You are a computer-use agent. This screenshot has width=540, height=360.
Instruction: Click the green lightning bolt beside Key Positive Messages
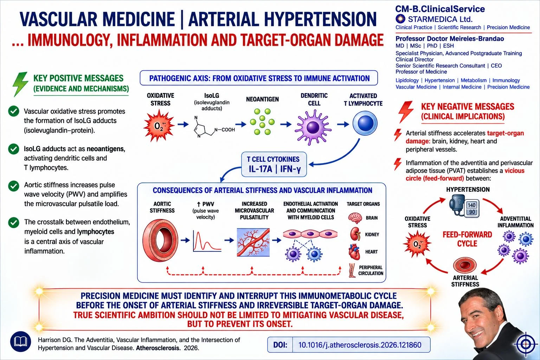(20, 84)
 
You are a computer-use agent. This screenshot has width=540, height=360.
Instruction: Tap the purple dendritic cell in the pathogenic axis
(313, 127)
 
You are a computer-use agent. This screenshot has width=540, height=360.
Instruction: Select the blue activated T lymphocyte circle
(365, 123)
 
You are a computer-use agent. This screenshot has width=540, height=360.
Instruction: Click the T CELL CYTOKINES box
(274, 165)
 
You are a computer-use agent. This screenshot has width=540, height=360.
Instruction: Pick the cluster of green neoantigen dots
(262, 122)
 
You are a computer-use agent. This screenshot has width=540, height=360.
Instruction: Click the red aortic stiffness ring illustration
(160, 240)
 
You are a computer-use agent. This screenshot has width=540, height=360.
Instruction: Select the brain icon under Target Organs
(355, 218)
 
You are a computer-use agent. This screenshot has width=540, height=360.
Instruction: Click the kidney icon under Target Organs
(355, 234)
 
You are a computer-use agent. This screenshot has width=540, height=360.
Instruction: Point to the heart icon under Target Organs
(354, 252)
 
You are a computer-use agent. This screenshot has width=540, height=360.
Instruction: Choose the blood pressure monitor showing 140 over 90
(464, 206)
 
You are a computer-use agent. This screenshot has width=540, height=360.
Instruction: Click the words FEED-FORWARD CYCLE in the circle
(467, 239)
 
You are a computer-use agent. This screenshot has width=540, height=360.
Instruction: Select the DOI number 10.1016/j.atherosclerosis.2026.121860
(360, 345)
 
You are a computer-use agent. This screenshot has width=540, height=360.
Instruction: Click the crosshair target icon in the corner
(526, 344)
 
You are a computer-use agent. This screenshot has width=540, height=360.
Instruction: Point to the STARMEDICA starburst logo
(401, 19)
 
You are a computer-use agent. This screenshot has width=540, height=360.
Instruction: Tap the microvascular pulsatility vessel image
(253, 242)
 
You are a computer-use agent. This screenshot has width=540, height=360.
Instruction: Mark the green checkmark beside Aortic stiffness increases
(14, 186)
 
